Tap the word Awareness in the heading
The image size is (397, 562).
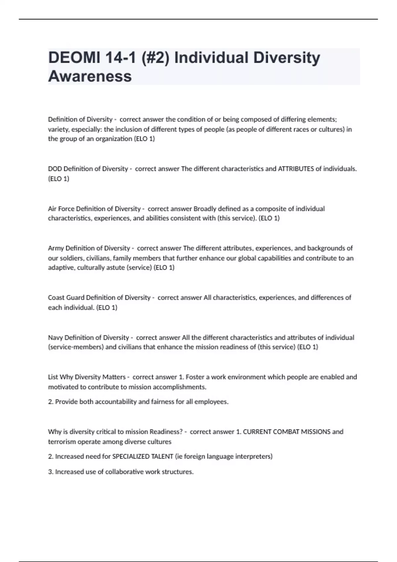pos(90,76)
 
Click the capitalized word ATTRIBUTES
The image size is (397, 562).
pos(296,169)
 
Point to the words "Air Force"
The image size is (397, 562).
pos(61,209)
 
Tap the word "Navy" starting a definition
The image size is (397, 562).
pos(55,338)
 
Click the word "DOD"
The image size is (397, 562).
pos(55,169)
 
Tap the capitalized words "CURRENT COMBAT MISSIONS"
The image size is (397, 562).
pos(287,432)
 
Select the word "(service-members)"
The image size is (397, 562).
pos(76,347)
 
